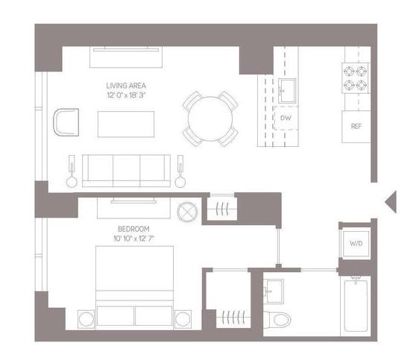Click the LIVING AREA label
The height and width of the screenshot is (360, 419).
(x=126, y=86)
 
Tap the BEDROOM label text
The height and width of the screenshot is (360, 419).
(x=133, y=229)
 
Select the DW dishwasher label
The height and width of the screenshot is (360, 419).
(x=286, y=118)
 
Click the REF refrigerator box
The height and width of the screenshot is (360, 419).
(x=356, y=127)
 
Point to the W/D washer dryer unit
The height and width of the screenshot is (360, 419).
(x=356, y=243)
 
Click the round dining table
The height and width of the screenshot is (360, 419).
(x=210, y=119)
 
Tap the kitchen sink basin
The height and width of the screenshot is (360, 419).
(x=287, y=91)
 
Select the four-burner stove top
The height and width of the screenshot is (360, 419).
(x=355, y=78)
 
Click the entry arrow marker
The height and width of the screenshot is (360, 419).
(x=391, y=202)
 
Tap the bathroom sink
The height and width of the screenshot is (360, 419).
(x=274, y=291)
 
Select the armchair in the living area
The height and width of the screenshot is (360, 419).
(x=66, y=122)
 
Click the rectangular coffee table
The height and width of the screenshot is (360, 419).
(x=126, y=124)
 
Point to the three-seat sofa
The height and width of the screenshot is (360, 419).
(x=126, y=171)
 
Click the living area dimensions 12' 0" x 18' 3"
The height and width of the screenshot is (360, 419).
(x=126, y=95)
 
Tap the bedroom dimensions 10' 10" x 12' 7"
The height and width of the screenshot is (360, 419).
(x=133, y=239)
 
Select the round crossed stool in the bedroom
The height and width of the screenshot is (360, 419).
(x=187, y=212)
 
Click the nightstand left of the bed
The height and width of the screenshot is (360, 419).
(x=86, y=319)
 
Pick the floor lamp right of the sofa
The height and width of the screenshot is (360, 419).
(x=180, y=171)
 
